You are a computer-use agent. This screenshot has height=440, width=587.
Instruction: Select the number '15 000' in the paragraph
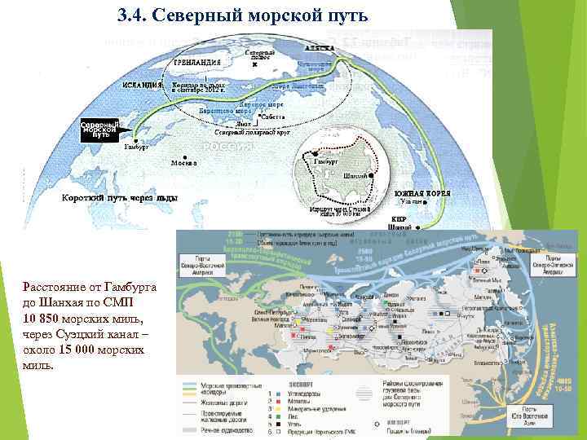[84, 350]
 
